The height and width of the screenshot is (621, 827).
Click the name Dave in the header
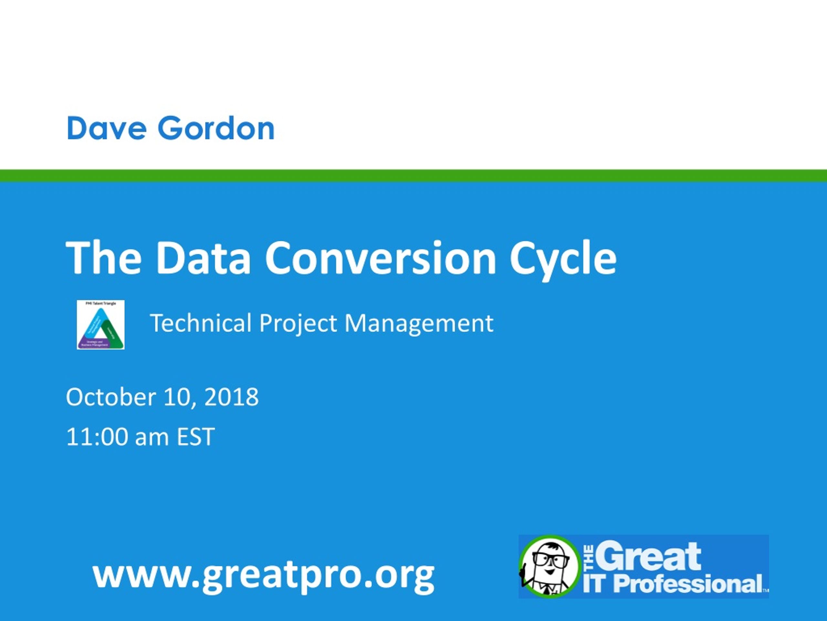tap(107, 128)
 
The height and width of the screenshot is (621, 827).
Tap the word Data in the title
tap(203, 258)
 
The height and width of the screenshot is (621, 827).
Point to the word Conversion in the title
tap(380, 258)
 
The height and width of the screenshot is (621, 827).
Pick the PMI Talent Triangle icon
tap(100, 324)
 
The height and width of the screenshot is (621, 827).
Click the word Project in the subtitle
tap(298, 323)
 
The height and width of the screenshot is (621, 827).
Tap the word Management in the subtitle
tap(419, 323)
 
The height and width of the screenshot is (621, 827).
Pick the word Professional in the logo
tap(688, 584)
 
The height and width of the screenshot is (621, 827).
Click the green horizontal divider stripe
tap(413, 176)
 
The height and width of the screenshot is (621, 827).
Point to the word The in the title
tap(104, 258)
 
